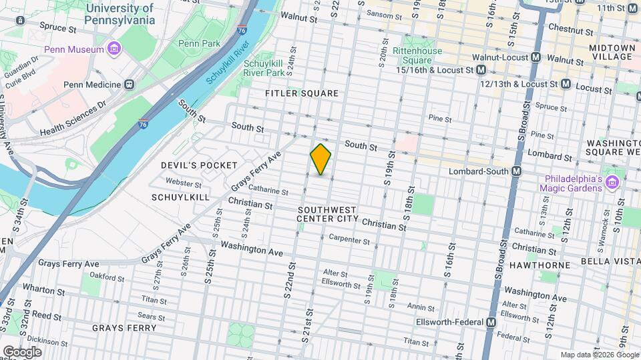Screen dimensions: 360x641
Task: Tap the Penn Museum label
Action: click(74, 49)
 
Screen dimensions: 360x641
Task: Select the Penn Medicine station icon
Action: click(129, 85)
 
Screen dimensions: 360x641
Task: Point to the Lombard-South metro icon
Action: click(516, 171)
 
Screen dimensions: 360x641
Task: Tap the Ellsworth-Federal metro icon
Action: click(491, 322)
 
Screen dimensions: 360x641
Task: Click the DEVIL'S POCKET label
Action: click(199, 165)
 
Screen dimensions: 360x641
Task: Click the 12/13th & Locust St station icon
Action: click(565, 84)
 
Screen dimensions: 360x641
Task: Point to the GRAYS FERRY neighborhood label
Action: click(124, 328)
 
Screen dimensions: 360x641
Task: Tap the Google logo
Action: click(22, 351)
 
